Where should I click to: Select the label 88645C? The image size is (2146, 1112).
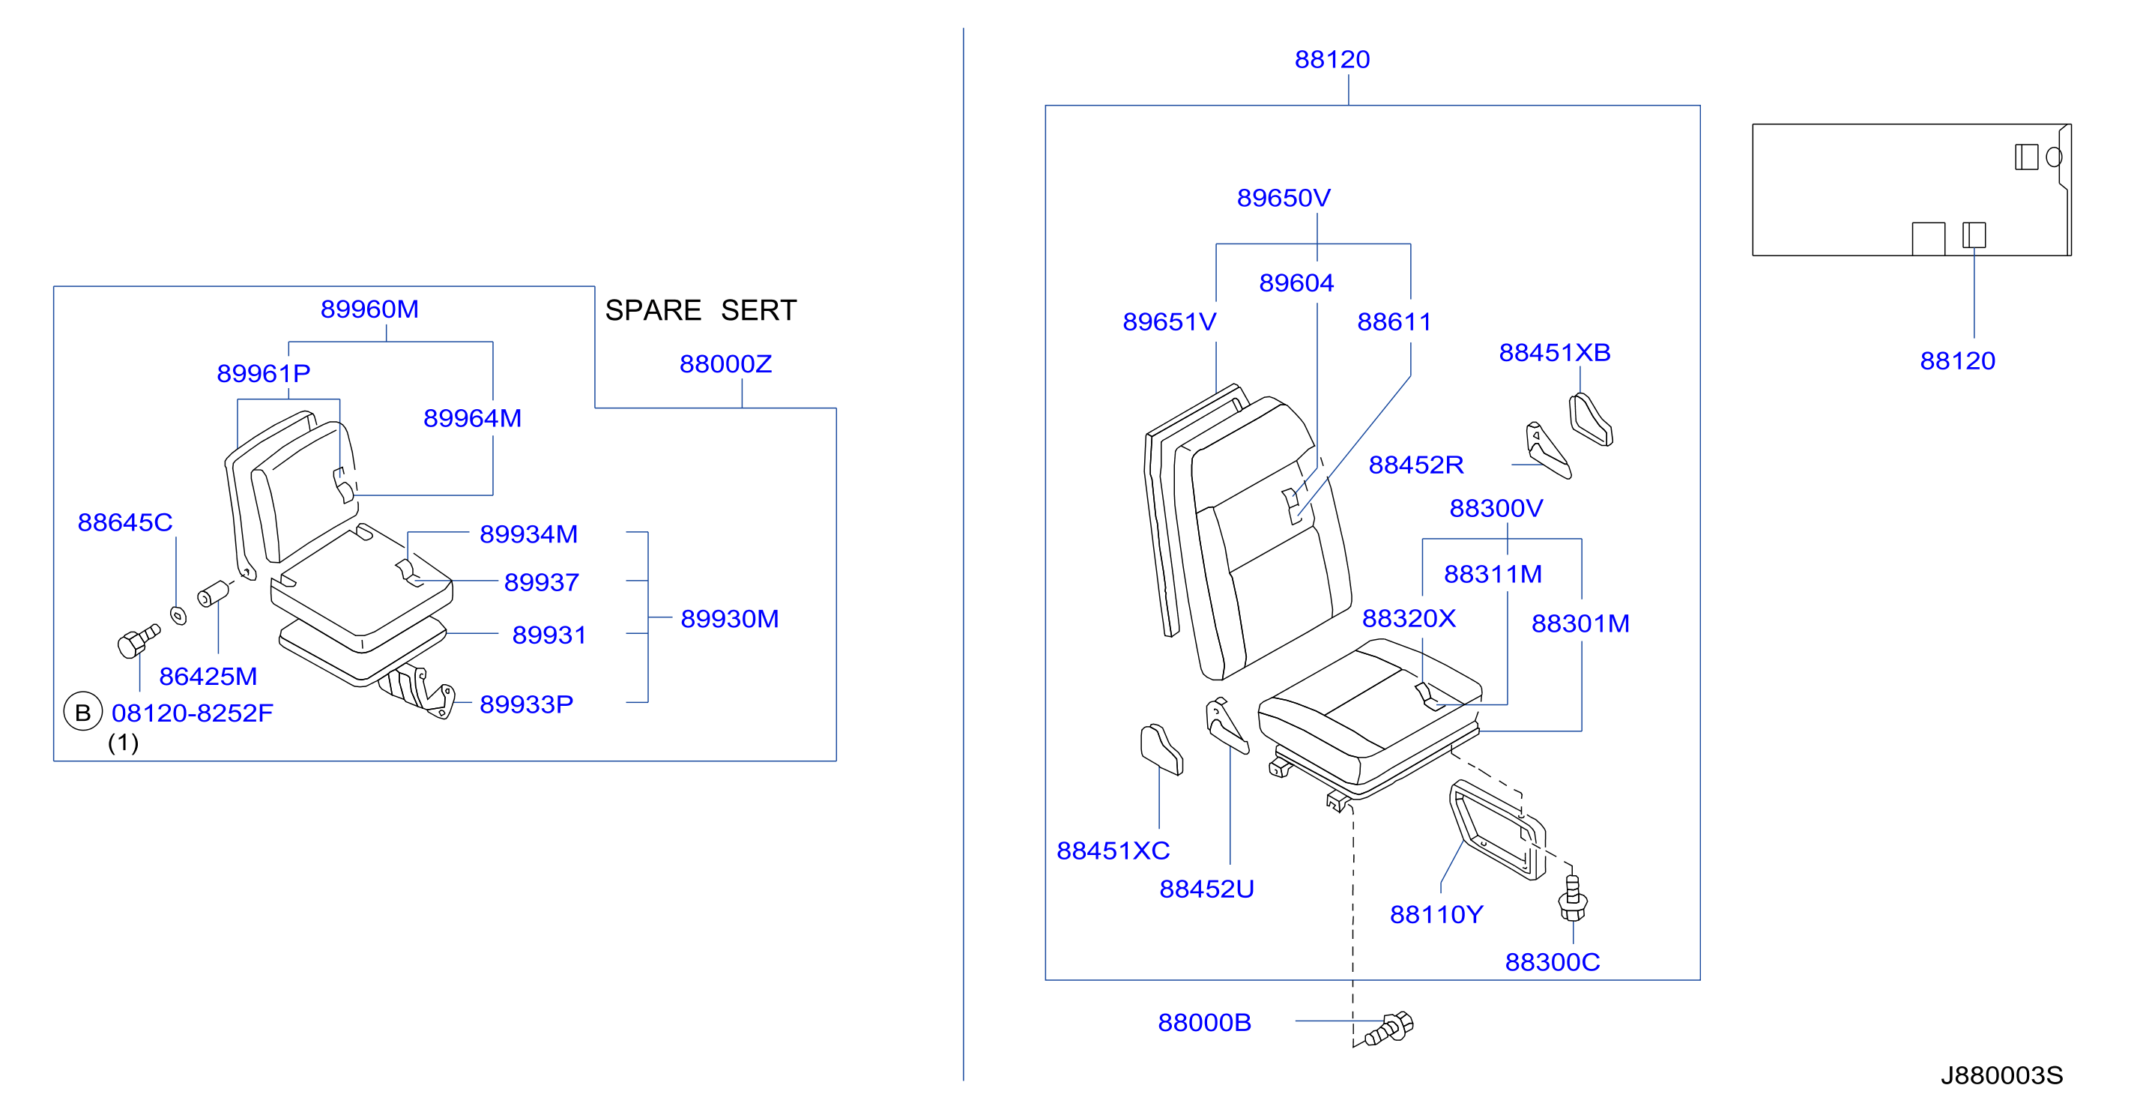tap(125, 522)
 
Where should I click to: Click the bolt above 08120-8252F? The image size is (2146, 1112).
tap(139, 641)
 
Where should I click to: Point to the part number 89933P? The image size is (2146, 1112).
tap(527, 704)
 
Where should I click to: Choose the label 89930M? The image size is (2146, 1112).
tap(730, 619)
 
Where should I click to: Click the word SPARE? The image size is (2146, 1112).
tap(653, 310)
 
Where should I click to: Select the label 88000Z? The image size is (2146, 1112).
tap(725, 364)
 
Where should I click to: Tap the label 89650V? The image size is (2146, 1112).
tap(1284, 199)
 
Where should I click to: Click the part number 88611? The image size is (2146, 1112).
tap(1394, 321)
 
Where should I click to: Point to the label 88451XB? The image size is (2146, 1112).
tap(1555, 352)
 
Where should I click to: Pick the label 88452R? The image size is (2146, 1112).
tap(1416, 465)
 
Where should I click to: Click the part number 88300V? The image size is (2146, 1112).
tap(1496, 508)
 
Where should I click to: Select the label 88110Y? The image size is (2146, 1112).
tap(1436, 915)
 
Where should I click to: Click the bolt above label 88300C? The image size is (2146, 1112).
tap(1572, 898)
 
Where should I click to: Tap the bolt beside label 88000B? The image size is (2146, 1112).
tap(1388, 1028)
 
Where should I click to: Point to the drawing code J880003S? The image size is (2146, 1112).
tap(2002, 1075)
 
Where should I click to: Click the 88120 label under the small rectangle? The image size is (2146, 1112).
tap(1958, 360)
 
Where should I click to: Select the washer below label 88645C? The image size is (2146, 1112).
tap(178, 615)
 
